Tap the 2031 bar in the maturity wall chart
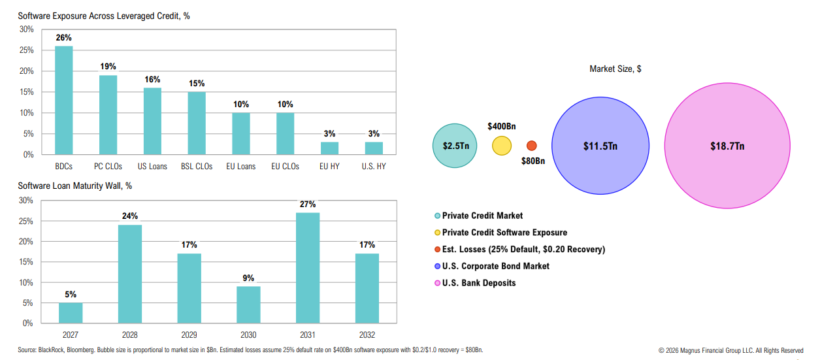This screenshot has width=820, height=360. pyautogui.click(x=307, y=267)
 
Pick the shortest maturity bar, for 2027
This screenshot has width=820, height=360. pyautogui.click(x=71, y=312)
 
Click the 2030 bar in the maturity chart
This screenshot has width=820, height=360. pyautogui.click(x=248, y=304)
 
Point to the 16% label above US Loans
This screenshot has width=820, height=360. pyautogui.click(x=152, y=80)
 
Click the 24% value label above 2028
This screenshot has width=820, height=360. pyautogui.click(x=129, y=216)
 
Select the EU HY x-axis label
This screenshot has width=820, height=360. pyautogui.click(x=330, y=167)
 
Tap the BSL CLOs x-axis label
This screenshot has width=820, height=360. pyautogui.click(x=197, y=167)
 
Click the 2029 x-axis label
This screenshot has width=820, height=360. pyautogui.click(x=189, y=335)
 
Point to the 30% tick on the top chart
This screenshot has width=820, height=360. pyautogui.click(x=26, y=29)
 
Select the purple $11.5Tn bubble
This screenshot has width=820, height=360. pyautogui.click(x=600, y=146)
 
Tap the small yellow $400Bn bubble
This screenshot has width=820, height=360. pyautogui.click(x=502, y=146)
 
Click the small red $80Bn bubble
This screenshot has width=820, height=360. pyautogui.click(x=531, y=146)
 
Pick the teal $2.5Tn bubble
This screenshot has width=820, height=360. pyautogui.click(x=455, y=146)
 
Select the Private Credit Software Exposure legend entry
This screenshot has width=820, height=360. pyautogui.click(x=504, y=233)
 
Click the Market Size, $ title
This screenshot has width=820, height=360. pyautogui.click(x=615, y=69)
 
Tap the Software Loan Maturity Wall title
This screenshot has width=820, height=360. pyautogui.click(x=75, y=186)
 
